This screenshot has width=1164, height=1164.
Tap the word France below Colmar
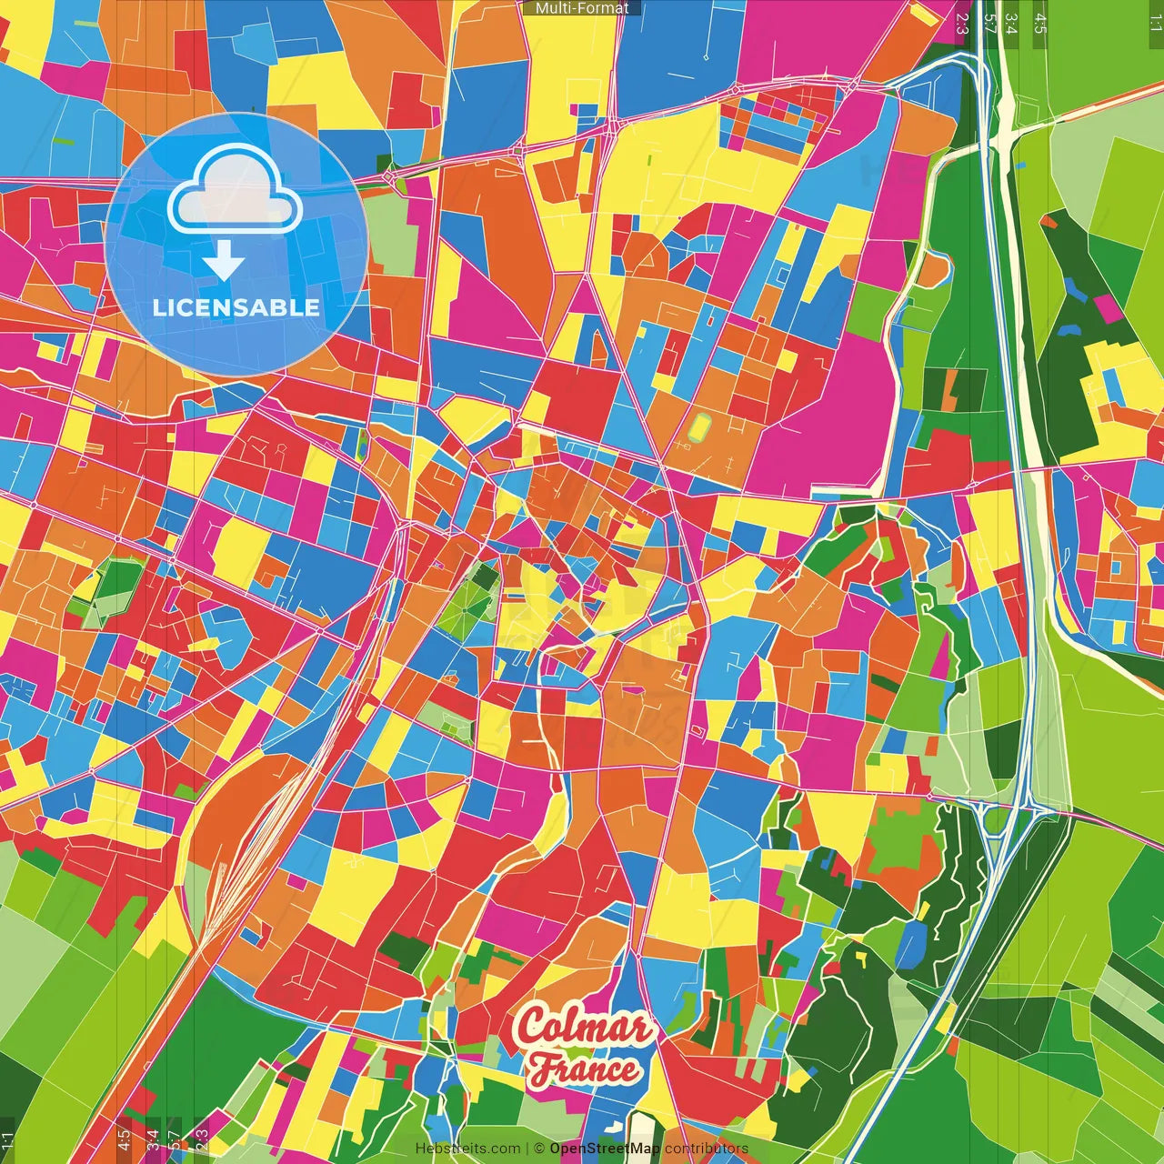pos(586,1069)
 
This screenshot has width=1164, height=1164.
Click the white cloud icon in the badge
pos(236,188)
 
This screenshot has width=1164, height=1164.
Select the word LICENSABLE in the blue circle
pos(236,307)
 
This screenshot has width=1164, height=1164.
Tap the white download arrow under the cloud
pos(224,263)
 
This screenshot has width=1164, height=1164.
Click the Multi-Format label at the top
pos(582,8)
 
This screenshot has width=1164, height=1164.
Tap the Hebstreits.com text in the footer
pos(468,1149)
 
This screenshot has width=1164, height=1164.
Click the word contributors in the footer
pos(707,1149)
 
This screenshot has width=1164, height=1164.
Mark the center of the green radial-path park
pos(470,601)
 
